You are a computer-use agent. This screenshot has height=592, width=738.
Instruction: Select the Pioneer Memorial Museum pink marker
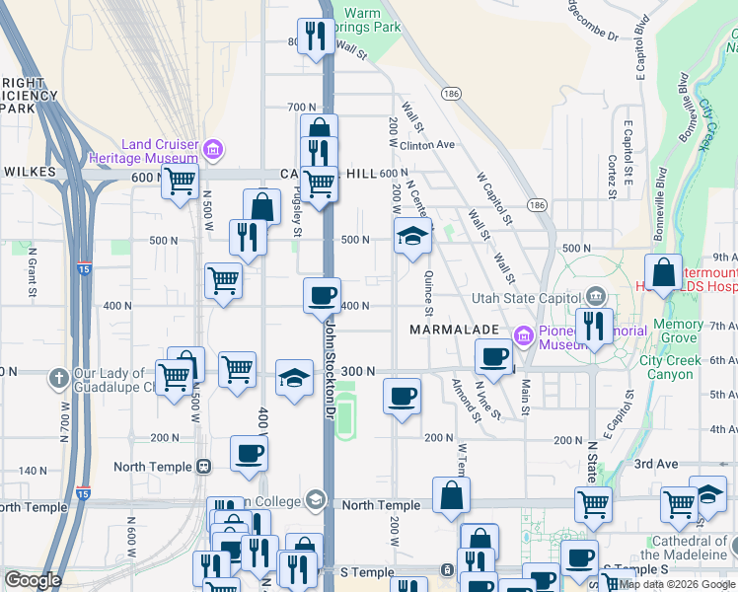coord(524,336)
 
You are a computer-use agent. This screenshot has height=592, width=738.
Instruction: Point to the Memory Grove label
coord(678,331)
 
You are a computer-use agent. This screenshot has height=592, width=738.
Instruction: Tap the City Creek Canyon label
coord(684,367)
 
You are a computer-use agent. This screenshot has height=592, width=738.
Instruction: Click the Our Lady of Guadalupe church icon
coord(59,376)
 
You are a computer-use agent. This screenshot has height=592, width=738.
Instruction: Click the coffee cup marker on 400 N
coord(321,295)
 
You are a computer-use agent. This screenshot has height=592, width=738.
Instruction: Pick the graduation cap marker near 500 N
coord(412,236)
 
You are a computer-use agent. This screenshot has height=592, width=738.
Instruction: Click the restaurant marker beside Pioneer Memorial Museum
coord(594,326)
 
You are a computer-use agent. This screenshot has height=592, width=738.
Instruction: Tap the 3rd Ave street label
coord(657,464)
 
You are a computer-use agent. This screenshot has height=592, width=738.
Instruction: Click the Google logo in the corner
coord(33,580)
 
